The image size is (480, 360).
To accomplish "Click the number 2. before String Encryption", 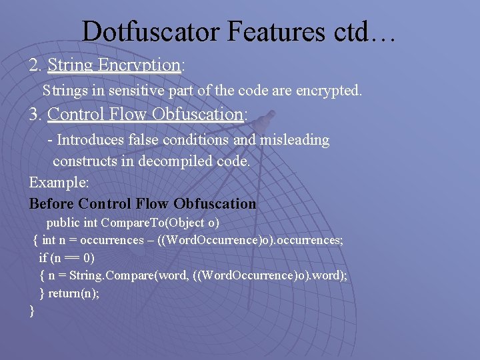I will [x=35, y=65].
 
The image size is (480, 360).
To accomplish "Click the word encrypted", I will [x=328, y=90].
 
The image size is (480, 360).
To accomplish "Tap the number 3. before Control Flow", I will [x=35, y=115].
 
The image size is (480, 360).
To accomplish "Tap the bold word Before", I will [x=51, y=203].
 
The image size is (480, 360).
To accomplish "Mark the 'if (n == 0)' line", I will [x=67, y=257].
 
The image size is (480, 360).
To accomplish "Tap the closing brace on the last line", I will [x=32, y=310].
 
